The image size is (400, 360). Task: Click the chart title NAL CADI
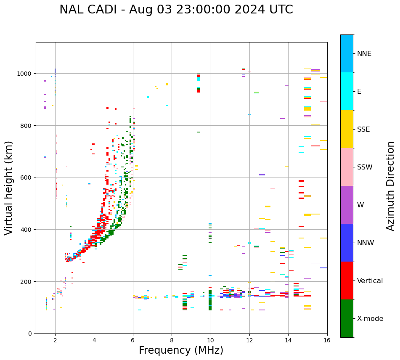tap(87, 10)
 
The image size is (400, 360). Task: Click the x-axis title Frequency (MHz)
tap(181, 350)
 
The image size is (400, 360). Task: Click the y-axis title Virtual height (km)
tap(9, 188)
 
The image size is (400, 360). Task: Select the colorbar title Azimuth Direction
tap(390, 185)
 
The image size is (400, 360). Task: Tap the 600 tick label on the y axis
tap(26, 177)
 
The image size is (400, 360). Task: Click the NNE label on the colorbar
tap(364, 53)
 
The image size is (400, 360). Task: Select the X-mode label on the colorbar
tap(370, 318)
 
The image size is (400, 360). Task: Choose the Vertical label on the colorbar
tap(370, 281)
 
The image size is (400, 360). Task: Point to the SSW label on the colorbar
tap(365, 167)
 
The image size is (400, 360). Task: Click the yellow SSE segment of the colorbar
tap(347, 129)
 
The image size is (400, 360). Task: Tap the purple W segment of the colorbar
tap(347, 205)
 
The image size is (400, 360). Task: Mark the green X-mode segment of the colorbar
tap(347, 318)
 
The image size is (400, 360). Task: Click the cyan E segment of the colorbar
tap(347, 91)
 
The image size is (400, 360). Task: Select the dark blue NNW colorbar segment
tap(347, 243)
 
